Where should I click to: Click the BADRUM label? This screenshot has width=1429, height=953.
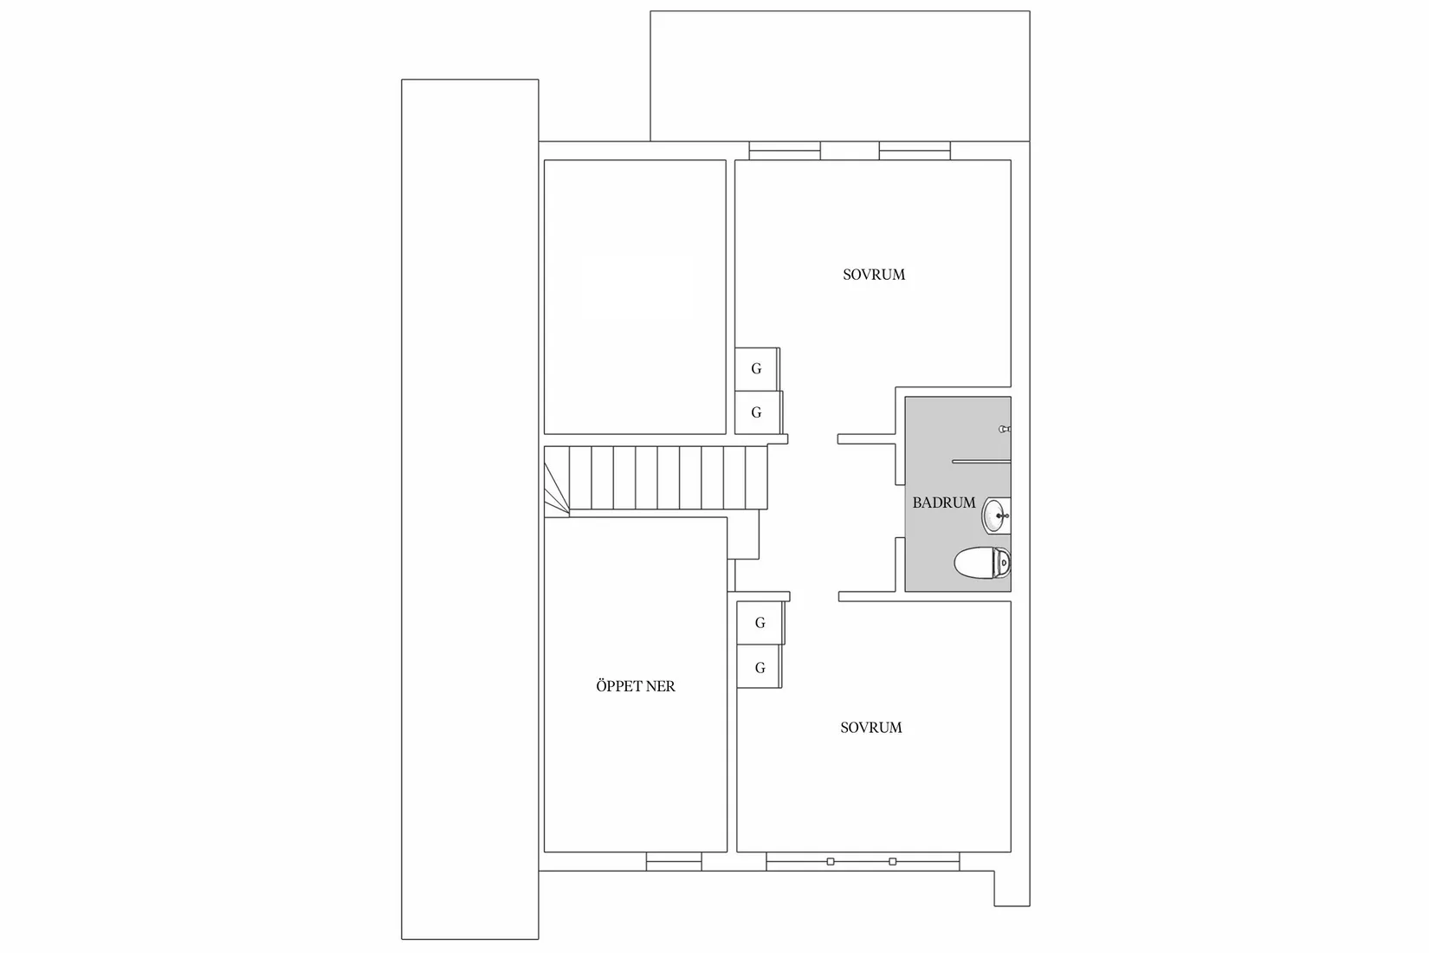point(943,502)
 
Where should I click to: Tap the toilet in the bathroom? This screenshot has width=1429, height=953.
point(982,563)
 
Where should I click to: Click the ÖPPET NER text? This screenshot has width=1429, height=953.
point(635,686)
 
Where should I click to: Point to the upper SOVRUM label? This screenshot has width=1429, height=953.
point(873,275)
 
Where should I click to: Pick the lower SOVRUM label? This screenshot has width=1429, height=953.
point(870,728)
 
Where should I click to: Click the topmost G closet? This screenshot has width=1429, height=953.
point(756,368)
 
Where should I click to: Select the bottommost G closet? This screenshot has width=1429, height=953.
point(760,667)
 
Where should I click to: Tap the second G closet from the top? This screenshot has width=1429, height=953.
point(756,412)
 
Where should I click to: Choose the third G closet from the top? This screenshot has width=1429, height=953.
point(760,623)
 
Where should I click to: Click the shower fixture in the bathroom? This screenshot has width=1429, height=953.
point(1005,428)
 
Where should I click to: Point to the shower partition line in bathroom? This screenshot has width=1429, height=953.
point(980,462)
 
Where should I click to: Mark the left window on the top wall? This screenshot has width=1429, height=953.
point(784,152)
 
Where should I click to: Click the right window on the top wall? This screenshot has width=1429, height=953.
point(915,152)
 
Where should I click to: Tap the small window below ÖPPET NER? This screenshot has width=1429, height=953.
point(674,861)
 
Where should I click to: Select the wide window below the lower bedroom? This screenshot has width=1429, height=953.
point(862,861)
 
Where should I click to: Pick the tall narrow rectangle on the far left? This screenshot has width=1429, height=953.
point(469,509)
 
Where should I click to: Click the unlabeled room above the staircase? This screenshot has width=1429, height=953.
point(634,296)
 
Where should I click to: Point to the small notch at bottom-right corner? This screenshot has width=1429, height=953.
point(1011,888)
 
